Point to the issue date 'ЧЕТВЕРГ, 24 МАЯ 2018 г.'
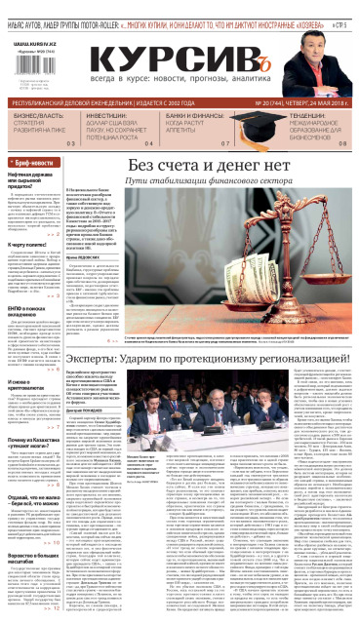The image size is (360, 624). pyautogui.click(x=311, y=100)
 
